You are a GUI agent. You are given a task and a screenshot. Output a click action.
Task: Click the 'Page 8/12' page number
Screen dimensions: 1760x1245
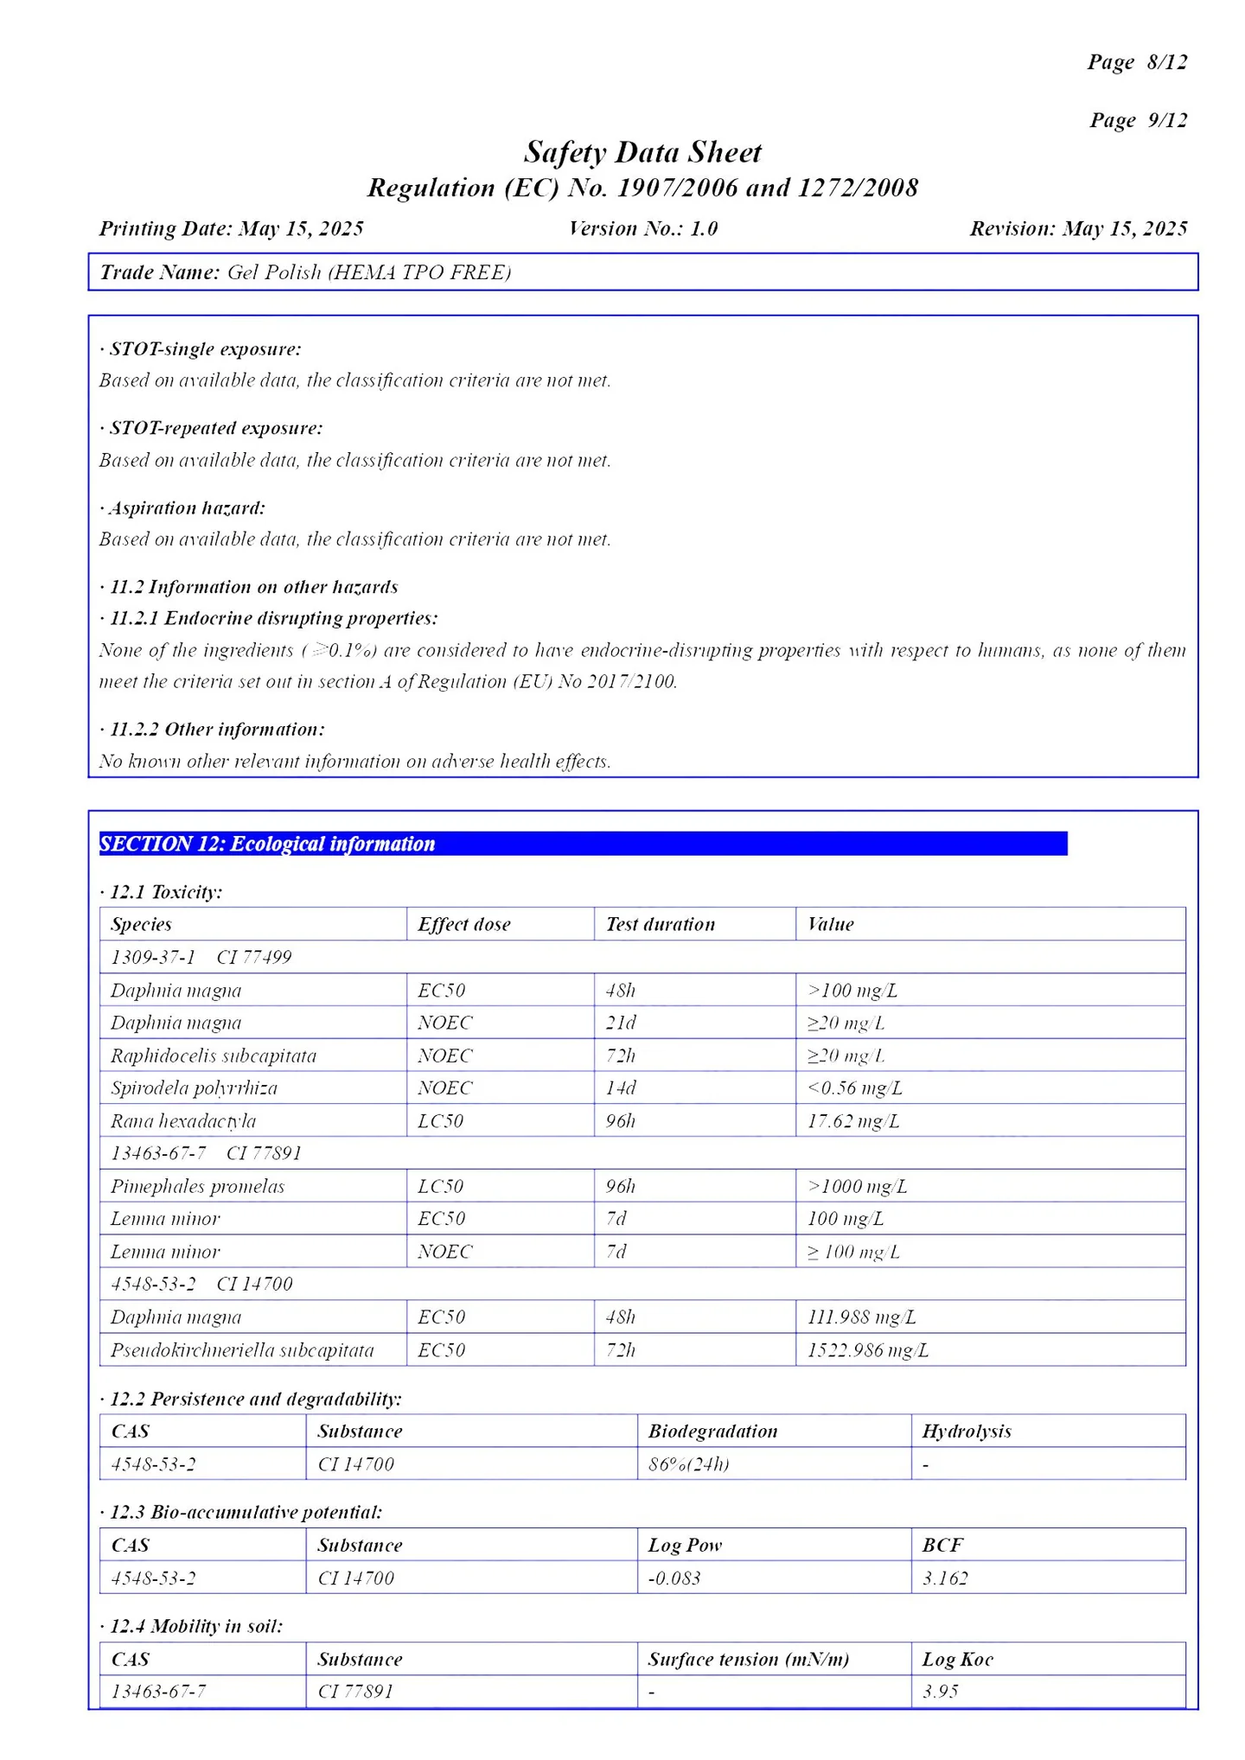(1136, 62)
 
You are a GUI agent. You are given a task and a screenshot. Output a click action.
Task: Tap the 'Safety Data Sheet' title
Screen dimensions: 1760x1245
(642, 152)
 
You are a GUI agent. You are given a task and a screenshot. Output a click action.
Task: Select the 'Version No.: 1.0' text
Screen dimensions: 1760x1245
(642, 228)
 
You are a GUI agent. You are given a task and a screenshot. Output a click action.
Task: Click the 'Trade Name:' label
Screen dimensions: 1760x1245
(160, 272)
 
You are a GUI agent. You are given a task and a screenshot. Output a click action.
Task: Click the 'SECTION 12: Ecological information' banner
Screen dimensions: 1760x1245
(583, 844)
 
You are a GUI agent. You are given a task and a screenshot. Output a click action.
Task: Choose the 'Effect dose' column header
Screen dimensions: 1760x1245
(463, 924)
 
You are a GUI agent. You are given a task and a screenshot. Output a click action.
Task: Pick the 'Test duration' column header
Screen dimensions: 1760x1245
(660, 924)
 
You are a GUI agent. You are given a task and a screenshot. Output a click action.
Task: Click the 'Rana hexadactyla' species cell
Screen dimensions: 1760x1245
(183, 1121)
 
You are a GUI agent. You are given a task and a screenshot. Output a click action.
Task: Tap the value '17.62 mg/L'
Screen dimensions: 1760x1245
(852, 1121)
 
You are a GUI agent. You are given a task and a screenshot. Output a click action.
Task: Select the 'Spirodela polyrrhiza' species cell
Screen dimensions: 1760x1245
(194, 1088)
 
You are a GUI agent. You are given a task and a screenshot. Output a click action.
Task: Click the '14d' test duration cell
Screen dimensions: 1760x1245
(620, 1088)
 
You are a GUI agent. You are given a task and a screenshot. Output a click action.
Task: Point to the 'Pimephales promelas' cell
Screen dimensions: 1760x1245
(197, 1186)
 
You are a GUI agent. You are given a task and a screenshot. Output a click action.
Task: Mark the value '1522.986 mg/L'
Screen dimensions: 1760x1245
(867, 1350)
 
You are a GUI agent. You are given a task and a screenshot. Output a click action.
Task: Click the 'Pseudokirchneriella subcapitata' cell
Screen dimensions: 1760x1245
(242, 1350)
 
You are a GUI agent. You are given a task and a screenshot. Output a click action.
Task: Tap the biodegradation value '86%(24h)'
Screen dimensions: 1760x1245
(688, 1464)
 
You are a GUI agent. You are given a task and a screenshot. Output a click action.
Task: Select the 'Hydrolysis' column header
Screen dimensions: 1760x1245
(966, 1432)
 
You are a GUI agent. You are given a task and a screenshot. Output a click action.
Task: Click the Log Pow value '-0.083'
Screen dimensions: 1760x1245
(674, 1578)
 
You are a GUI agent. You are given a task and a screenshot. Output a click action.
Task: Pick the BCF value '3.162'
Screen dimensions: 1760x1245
(944, 1578)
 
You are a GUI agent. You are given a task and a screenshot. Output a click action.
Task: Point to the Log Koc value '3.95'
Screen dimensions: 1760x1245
(940, 1692)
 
